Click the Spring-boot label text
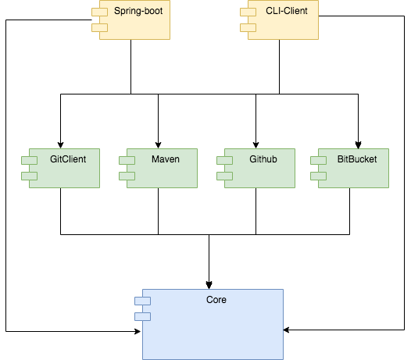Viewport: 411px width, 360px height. (x=138, y=11)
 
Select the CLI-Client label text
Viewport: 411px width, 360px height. (x=287, y=11)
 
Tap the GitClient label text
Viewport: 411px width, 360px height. (x=68, y=159)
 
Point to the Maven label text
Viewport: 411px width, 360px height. (x=166, y=159)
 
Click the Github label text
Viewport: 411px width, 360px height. (x=263, y=159)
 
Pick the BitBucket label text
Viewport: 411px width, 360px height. (x=357, y=159)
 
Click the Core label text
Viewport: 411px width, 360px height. (x=216, y=299)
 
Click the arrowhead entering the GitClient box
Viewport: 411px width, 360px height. (x=60, y=145)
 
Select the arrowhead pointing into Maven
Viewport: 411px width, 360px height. (x=158, y=145)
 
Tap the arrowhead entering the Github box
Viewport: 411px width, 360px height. (x=256, y=145)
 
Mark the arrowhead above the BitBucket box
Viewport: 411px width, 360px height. (x=359, y=145)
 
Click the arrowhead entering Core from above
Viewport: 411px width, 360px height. (x=209, y=285)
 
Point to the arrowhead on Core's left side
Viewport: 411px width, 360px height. (x=138, y=331)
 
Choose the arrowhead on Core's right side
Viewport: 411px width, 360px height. (x=286, y=330)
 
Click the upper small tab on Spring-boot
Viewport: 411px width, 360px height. (x=99, y=12)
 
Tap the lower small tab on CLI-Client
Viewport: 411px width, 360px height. (x=248, y=27)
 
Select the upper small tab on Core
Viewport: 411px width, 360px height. (x=142, y=301)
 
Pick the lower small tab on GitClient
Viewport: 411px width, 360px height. (x=30, y=176)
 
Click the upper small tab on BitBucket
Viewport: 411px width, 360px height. (x=319, y=160)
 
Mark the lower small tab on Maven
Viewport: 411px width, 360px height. (x=127, y=176)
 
